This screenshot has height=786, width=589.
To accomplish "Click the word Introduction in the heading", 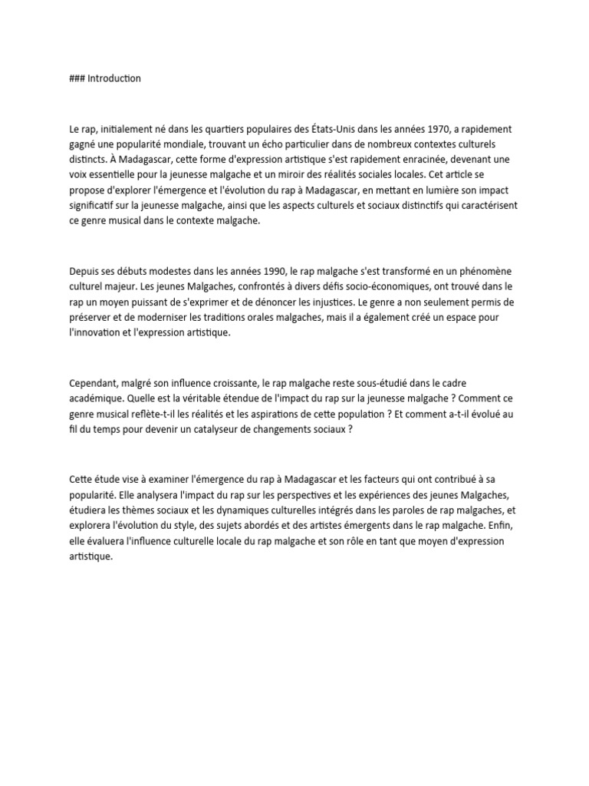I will (114, 78).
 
